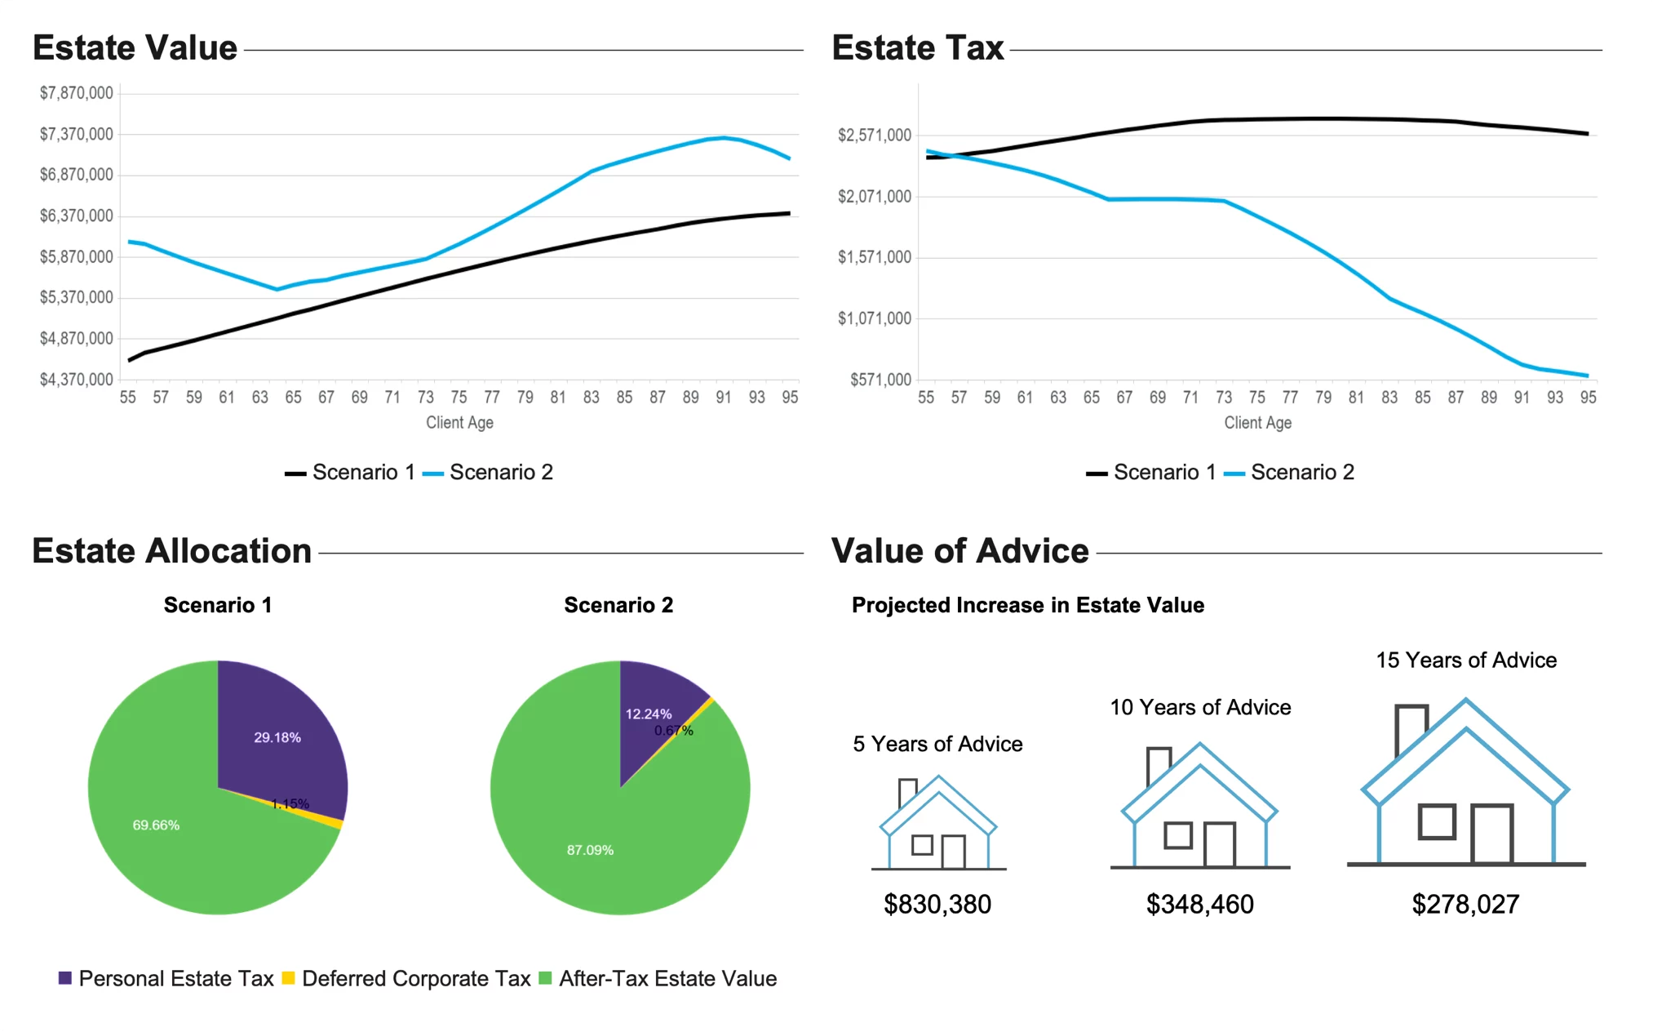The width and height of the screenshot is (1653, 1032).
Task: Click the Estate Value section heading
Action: (135, 48)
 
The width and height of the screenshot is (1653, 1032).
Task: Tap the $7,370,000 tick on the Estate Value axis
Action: (77, 134)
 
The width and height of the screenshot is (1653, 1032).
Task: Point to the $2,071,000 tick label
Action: (875, 196)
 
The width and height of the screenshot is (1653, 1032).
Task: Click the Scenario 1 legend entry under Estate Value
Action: (350, 473)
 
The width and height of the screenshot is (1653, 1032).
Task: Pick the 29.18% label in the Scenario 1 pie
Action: (277, 737)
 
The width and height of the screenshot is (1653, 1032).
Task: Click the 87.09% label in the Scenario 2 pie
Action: (590, 850)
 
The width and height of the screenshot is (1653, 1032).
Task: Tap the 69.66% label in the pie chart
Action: (156, 825)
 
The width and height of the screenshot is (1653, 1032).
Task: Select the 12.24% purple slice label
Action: (649, 714)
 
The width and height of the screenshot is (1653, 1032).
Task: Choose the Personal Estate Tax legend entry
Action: (166, 979)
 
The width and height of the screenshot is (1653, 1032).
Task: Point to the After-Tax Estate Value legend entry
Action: (658, 979)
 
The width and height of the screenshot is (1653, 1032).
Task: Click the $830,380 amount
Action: (937, 905)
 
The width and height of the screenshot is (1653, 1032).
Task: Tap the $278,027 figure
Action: (1465, 905)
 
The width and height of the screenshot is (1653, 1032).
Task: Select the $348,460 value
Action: (1199, 905)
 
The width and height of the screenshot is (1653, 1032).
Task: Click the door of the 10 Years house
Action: (1220, 844)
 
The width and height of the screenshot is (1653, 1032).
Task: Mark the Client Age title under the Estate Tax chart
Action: (1257, 423)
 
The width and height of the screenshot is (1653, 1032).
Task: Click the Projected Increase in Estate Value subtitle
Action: (1027, 606)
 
